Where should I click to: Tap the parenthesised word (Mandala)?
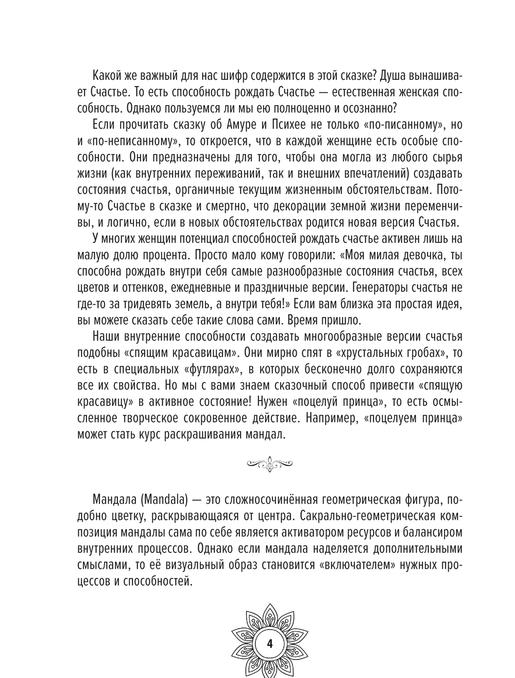(x=164, y=499)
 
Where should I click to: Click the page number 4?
(x=270, y=645)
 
